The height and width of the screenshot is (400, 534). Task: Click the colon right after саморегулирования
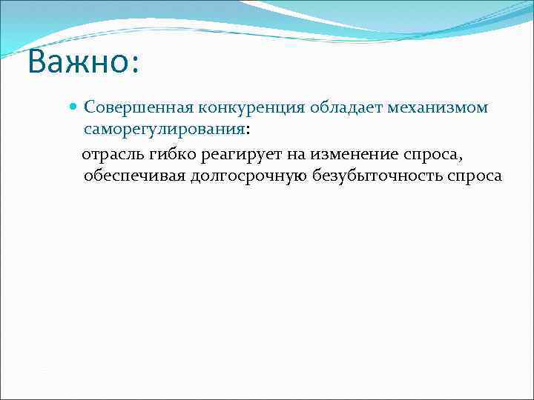248,130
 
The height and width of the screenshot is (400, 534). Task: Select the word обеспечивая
130,176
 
